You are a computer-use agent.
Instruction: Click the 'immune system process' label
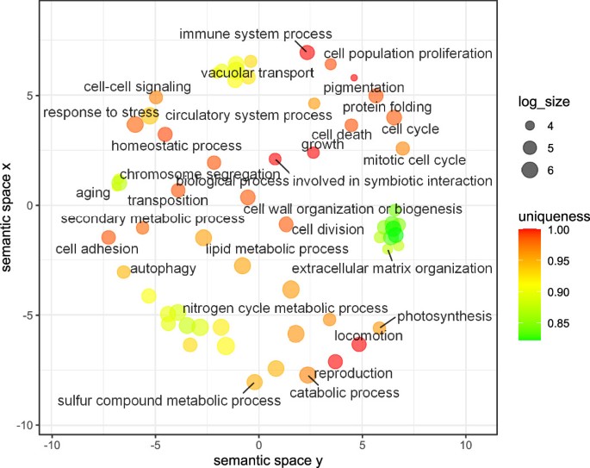(x=255, y=34)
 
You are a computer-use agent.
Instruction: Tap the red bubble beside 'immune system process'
(x=307, y=53)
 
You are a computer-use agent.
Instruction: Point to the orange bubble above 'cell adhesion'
(x=109, y=237)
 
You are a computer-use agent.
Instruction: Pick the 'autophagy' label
(x=164, y=268)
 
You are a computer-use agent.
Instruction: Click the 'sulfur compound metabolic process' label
(x=169, y=401)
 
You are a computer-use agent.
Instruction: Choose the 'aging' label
(x=93, y=193)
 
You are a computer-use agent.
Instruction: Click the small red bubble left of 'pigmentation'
(x=354, y=78)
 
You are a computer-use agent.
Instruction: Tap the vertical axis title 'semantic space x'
(x=9, y=219)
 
